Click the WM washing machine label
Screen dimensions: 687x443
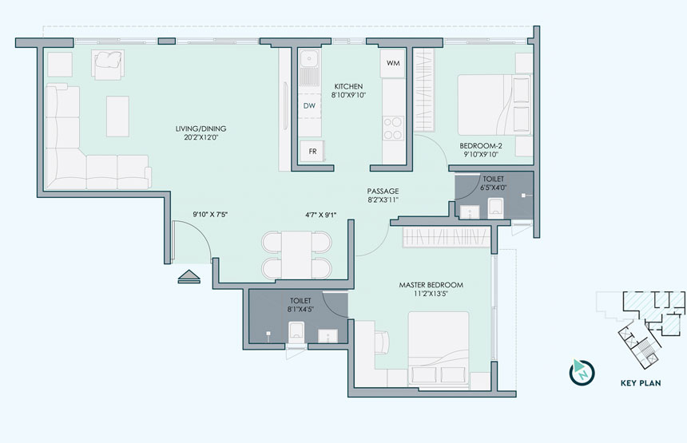pyautogui.click(x=393, y=63)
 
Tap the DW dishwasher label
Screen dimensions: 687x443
pyautogui.click(x=309, y=106)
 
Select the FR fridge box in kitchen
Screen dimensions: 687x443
pyautogui.click(x=312, y=152)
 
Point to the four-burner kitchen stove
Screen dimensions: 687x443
pyautogui.click(x=393, y=128)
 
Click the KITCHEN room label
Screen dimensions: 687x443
pyautogui.click(x=348, y=86)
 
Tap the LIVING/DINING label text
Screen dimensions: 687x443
pyautogui.click(x=201, y=129)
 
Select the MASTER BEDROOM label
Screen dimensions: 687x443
pyautogui.click(x=431, y=285)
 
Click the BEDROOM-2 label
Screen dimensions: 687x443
pyautogui.click(x=481, y=146)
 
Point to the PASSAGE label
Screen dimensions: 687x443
pyautogui.click(x=383, y=192)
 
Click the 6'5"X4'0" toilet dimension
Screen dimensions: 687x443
pyautogui.click(x=494, y=188)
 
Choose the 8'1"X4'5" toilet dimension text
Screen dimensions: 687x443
pyautogui.click(x=300, y=310)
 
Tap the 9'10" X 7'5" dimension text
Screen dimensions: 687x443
pyautogui.click(x=210, y=215)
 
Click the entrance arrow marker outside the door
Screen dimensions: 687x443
pyautogui.click(x=189, y=277)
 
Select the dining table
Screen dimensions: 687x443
pyautogui.click(x=296, y=255)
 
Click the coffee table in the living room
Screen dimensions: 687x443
pyautogui.click(x=117, y=117)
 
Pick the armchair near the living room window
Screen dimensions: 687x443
pyautogui.click(x=107, y=65)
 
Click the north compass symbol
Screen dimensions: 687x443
pyautogui.click(x=582, y=372)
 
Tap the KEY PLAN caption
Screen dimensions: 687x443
pyautogui.click(x=641, y=383)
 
